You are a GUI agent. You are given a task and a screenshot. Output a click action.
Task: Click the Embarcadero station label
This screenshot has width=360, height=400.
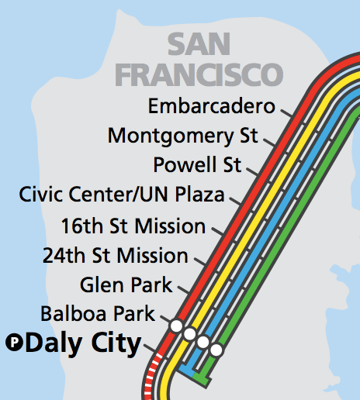point(212,105)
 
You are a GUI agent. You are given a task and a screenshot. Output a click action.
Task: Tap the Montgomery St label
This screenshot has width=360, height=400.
point(183,136)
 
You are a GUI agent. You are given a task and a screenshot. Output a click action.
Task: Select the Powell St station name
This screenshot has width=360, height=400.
point(198,165)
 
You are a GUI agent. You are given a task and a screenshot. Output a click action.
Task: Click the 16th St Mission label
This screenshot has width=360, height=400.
point(133,226)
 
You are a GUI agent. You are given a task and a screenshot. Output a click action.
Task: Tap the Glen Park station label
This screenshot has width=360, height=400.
point(126,284)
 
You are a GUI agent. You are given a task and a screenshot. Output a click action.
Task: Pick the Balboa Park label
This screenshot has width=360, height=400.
point(97,314)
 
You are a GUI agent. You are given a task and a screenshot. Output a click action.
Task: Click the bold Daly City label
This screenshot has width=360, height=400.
point(83,343)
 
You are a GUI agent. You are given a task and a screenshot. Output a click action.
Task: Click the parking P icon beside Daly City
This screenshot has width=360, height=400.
point(14,342)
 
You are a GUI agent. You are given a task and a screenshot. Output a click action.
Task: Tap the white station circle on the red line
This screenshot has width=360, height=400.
point(176,326)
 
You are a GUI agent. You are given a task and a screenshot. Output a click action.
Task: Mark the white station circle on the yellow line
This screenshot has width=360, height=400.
point(189,333)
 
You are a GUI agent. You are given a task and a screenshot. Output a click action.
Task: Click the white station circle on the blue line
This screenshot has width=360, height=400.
point(202,342)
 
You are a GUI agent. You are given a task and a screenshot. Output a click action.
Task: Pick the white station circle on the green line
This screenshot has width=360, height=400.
point(216,350)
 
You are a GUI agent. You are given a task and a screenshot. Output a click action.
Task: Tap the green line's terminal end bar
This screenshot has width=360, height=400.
point(202,381)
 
